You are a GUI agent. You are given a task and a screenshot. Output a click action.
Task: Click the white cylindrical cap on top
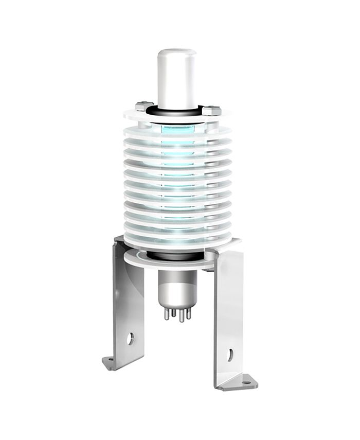pyautogui.click(x=176, y=77)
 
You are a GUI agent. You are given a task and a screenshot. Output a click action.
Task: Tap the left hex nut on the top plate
pyautogui.click(x=144, y=107)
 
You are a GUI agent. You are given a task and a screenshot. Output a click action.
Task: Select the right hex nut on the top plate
pyautogui.click(x=211, y=110)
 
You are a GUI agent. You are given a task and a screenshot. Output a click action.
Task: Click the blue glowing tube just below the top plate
pyautogui.click(x=176, y=129)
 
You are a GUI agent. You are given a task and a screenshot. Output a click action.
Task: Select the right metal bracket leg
pyautogui.click(x=229, y=319)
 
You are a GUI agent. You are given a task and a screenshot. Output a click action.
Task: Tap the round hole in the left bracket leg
pyautogui.click(x=130, y=338)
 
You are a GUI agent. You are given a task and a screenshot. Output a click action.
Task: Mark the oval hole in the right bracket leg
pyautogui.click(x=230, y=355)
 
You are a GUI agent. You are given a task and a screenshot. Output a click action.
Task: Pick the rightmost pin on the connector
pyautogui.click(x=189, y=313)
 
